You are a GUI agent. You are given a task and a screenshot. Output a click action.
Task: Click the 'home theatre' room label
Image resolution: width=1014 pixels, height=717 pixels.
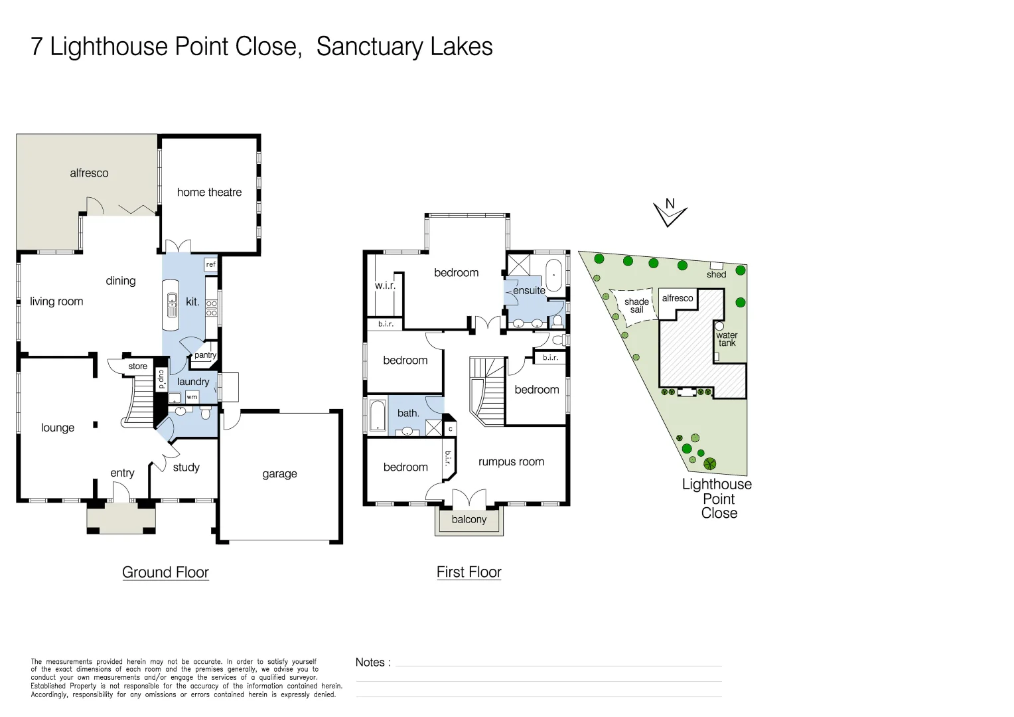pos(209,193)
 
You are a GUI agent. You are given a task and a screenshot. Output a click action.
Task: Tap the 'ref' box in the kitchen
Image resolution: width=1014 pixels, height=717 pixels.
pos(211,264)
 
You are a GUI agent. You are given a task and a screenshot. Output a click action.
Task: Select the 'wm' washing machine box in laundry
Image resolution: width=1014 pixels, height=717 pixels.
pos(192,397)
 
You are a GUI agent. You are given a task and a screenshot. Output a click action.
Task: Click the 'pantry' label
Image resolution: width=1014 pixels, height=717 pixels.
pos(205,355)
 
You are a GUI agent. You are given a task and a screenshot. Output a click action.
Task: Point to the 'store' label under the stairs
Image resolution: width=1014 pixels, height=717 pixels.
pos(138,366)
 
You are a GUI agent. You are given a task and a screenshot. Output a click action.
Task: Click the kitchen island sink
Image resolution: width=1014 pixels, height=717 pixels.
pos(172,305)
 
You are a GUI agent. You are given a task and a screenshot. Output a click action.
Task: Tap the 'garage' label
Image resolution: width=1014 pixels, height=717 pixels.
pos(279,474)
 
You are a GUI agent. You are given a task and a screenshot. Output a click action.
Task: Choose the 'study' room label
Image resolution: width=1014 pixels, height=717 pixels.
pos(186,467)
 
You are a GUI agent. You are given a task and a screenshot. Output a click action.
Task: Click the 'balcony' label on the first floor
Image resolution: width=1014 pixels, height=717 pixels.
pos(469,520)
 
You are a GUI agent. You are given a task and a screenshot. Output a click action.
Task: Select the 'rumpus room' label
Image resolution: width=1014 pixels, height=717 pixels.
pos(511,462)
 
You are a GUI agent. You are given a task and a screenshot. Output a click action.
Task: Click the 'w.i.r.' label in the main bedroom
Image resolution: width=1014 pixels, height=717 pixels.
pos(385,285)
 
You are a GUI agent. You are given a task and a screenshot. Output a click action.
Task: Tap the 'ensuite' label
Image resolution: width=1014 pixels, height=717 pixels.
pos(529,291)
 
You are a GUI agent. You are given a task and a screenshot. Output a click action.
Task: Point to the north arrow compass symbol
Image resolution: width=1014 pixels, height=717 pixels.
pos(670,212)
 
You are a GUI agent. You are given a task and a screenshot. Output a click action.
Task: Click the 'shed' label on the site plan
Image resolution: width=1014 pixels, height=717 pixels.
pos(716,274)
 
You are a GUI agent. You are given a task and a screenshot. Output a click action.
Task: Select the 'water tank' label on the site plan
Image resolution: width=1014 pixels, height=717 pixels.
pos(727,339)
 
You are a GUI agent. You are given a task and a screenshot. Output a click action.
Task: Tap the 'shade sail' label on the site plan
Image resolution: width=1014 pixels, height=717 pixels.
pos(636,305)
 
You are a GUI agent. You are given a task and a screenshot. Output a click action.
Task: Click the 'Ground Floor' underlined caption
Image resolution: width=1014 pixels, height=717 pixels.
pos(165,572)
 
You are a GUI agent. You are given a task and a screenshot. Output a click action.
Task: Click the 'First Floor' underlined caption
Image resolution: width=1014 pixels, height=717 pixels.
pos(469,572)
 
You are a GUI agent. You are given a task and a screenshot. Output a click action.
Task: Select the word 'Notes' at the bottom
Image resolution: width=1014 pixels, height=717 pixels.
pos(370,663)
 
